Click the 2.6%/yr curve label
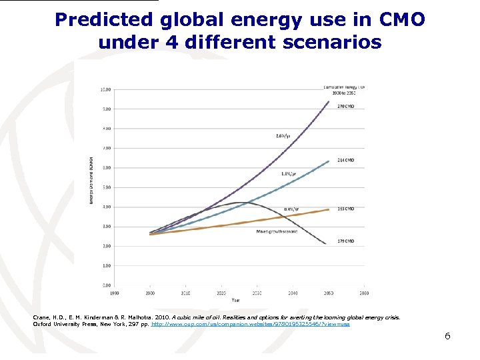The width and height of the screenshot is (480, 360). coord(283,135)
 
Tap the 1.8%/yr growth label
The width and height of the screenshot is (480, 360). coord(288,173)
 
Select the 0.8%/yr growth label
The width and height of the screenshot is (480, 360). coord(291,209)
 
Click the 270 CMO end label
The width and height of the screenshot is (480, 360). coord(345,105)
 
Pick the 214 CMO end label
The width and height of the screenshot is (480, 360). coord(345,161)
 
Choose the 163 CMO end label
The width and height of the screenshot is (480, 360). coord(345,209)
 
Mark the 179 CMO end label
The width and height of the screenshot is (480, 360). coord(345,241)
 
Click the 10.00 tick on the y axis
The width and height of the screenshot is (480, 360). coord(105,89)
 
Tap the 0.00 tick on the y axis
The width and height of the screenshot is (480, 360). coord(105,285)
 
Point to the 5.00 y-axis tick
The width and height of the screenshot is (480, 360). coord(105,187)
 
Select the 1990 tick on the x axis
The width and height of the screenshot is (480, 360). coord(115,293)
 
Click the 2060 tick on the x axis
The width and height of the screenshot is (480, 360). coord(364,293)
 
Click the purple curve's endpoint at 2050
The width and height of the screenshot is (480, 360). coord(329,101)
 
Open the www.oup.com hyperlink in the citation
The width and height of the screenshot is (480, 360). coord(251,324)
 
